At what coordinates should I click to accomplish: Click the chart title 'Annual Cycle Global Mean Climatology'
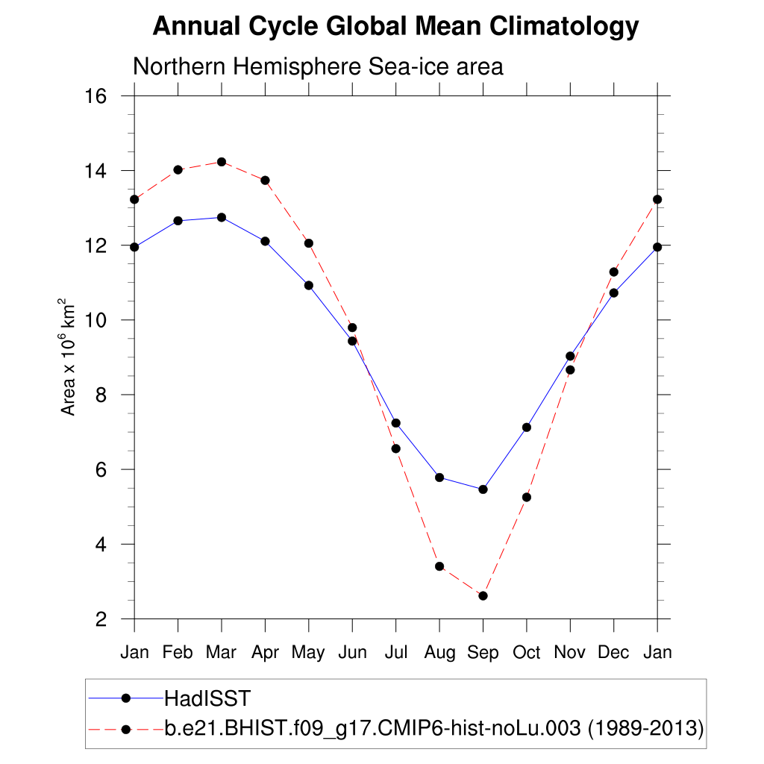(395, 27)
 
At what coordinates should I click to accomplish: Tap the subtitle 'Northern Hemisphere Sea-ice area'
(318, 66)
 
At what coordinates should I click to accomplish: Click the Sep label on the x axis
(483, 653)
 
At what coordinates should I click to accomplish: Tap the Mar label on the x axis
(221, 653)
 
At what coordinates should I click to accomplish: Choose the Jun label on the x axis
(352, 653)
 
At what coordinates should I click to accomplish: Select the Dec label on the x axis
(614, 653)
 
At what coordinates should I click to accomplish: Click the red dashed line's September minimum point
(483, 595)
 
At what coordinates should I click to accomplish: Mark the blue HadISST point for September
(483, 489)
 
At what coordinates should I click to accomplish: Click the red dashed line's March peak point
(222, 162)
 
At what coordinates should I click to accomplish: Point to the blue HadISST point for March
(222, 217)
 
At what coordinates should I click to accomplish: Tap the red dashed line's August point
(439, 566)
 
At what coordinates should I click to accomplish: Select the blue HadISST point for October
(527, 428)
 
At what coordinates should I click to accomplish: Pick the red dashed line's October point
(527, 497)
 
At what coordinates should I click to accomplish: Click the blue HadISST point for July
(396, 423)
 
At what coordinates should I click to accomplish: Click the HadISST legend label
(207, 698)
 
